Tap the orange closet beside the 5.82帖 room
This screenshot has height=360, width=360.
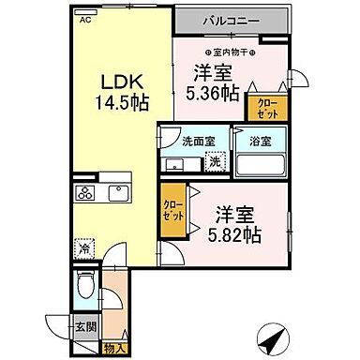coord(172,209)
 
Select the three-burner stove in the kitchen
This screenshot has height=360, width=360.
coord(87,194)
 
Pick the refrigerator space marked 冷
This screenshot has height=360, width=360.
coord(85,248)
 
